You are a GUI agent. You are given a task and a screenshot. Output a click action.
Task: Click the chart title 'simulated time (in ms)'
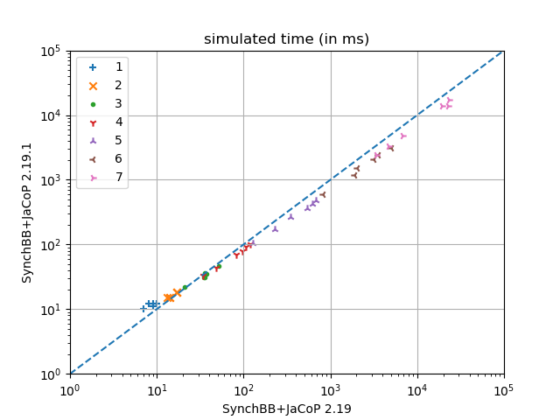[x=286, y=39]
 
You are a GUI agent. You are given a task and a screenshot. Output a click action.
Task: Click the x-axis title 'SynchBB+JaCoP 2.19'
[x=286, y=409]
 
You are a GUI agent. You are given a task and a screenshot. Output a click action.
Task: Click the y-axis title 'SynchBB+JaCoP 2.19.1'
[x=27, y=213]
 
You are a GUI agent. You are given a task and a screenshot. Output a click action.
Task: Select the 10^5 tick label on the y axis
[x=49, y=51]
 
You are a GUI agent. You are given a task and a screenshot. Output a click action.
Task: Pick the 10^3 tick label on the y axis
[x=49, y=180]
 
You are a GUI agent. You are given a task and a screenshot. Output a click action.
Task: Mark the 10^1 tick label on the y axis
[x=49, y=310]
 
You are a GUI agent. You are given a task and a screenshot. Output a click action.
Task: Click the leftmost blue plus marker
[x=143, y=308]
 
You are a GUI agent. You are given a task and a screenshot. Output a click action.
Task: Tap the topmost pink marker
[x=450, y=101]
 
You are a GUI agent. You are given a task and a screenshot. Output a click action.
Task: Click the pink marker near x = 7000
[x=403, y=136]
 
